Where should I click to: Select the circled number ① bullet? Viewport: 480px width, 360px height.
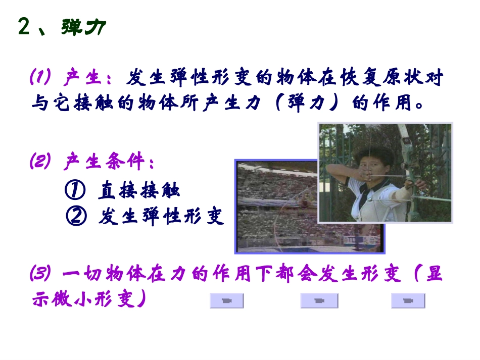point(75,191)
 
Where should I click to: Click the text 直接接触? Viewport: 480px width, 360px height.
point(139,191)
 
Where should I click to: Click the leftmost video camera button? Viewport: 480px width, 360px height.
point(226,301)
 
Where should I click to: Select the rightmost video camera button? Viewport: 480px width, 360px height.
point(408,301)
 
